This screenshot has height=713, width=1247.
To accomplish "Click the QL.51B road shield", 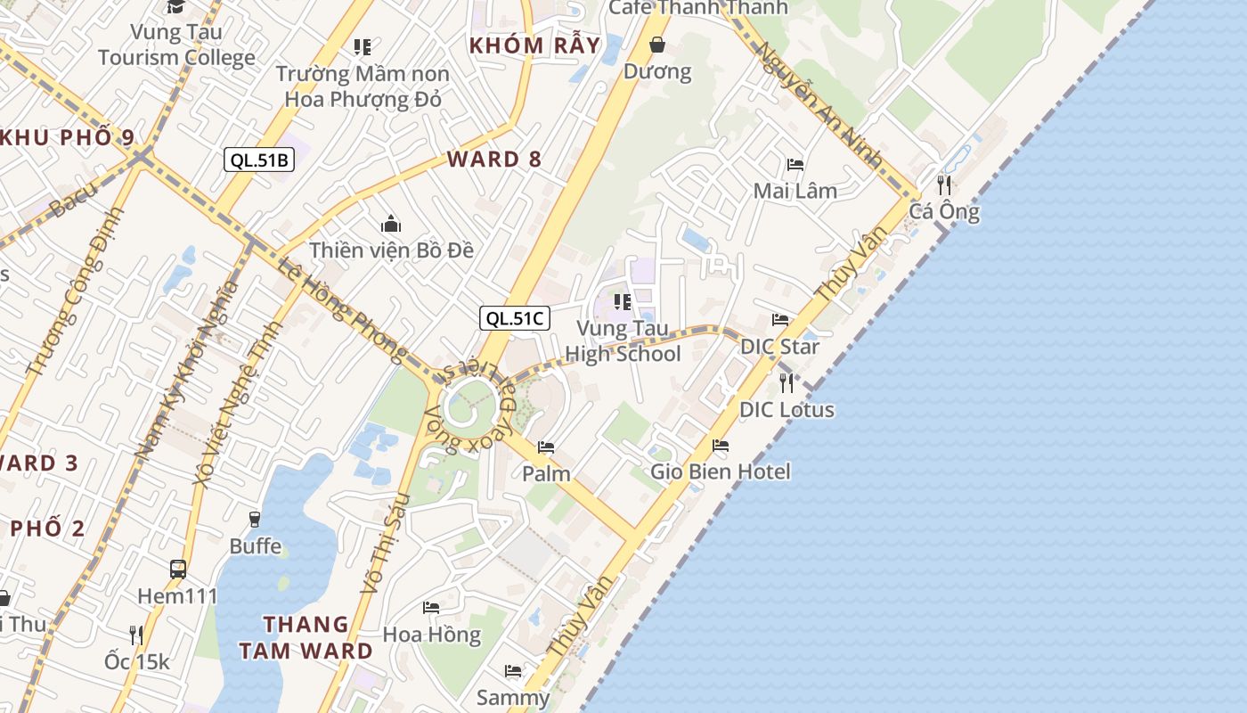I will (258, 160).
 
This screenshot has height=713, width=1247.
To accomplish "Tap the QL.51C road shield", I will (514, 318).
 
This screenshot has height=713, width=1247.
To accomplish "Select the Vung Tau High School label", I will (623, 341).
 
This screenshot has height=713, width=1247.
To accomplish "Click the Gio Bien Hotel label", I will (720, 471).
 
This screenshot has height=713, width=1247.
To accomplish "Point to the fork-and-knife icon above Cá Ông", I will (944, 185).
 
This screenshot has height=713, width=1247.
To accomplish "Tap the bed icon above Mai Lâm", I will (795, 165).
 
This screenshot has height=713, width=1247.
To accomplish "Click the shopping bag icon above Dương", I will (657, 45).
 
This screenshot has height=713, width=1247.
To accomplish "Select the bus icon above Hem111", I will (178, 569).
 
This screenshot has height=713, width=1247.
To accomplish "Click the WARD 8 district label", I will (493, 160).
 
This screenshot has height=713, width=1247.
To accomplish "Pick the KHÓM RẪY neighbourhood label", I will (534, 45).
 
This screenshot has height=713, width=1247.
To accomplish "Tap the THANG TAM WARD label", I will (306, 637).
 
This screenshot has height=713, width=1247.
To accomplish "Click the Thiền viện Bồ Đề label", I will (391, 250).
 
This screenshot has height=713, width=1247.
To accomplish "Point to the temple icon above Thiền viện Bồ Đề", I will (390, 225).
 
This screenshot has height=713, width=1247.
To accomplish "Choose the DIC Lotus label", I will (787, 410).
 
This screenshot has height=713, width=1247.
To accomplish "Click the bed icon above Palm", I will (546, 447).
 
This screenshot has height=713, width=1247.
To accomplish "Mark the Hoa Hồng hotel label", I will (431, 635).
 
